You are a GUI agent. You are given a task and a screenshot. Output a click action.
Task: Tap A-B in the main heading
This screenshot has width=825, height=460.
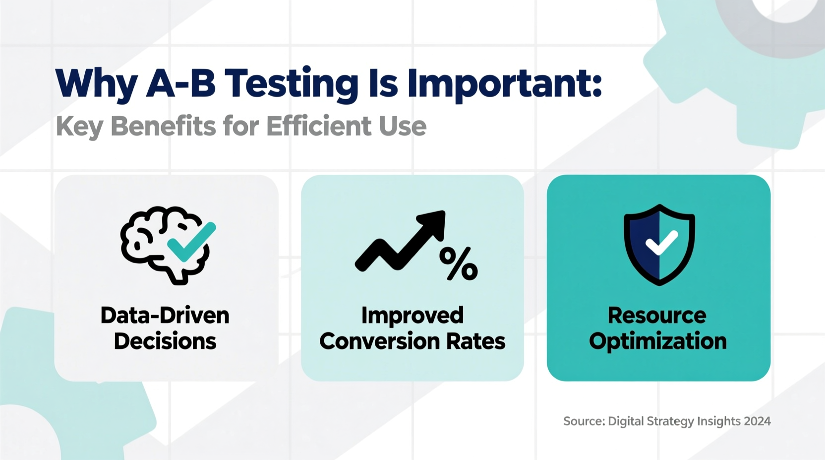coord(181,83)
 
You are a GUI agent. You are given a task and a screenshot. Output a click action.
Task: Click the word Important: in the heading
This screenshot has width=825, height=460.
coord(504,84)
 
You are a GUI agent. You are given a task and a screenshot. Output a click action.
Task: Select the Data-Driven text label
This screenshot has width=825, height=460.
coord(165,316)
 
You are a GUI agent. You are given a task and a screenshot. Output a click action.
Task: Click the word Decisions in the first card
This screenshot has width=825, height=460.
coord(165,342)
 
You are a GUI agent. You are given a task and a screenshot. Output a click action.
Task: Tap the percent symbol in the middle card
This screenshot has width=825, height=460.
coord(458,264)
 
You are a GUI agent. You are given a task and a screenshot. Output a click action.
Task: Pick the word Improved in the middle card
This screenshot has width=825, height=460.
coord(412,316)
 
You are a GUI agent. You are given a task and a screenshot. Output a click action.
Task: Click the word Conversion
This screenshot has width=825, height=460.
coord(379,342)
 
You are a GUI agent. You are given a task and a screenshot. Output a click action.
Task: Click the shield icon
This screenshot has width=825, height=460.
coord(659,244)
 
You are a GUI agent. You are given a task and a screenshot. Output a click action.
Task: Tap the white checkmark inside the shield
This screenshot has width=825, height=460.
coord(661,242)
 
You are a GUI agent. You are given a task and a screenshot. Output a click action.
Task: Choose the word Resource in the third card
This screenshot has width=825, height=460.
coord(657,316)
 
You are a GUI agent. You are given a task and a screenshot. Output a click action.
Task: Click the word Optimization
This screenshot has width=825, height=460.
coord(657,342)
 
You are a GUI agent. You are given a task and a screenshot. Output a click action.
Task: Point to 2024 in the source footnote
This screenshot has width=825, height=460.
coord(757,421)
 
